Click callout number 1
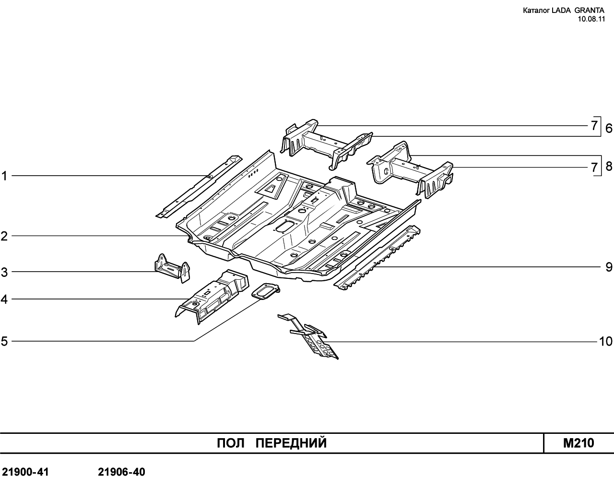[x=4, y=176]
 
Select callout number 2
[x=4, y=236]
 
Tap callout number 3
[x=4, y=272]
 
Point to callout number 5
[x=4, y=341]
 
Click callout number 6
[x=609, y=129]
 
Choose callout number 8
[x=609, y=166]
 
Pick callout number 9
[x=609, y=267]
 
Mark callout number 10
[x=606, y=341]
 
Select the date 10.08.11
[x=591, y=19]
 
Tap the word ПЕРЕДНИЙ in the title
[x=291, y=443]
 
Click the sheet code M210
[x=579, y=443]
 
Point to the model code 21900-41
[x=25, y=472]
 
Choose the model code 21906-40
[x=121, y=472]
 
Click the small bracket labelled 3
[x=172, y=268]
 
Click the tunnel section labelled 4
[x=212, y=297]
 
